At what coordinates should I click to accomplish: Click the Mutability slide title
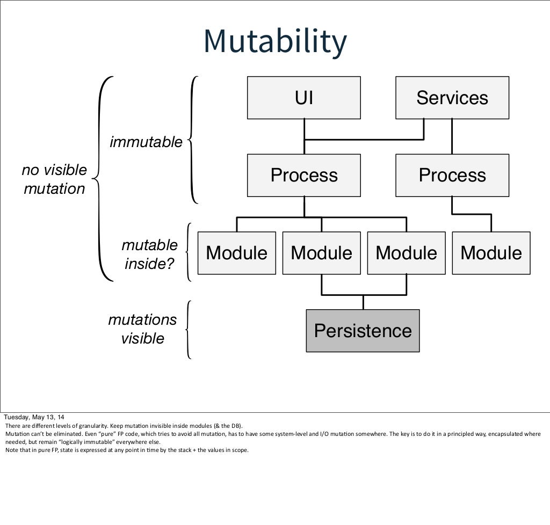[274, 41]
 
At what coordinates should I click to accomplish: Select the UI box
[303, 98]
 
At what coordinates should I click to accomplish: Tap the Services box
[452, 98]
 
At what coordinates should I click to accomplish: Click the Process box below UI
[303, 175]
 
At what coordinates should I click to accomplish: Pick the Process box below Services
[452, 175]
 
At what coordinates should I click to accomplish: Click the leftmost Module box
[236, 253]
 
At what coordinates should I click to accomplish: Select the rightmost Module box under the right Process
[491, 253]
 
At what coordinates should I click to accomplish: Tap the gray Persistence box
[363, 331]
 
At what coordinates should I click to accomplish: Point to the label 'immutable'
[146, 142]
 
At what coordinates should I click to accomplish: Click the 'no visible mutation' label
[54, 179]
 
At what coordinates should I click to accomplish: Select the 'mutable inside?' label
[149, 254]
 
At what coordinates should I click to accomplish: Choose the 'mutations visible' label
[142, 329]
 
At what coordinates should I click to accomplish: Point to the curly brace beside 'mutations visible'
[187, 329]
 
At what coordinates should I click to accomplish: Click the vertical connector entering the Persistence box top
[363, 302]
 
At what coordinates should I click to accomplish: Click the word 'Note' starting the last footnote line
[10, 450]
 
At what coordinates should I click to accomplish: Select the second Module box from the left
[321, 253]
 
